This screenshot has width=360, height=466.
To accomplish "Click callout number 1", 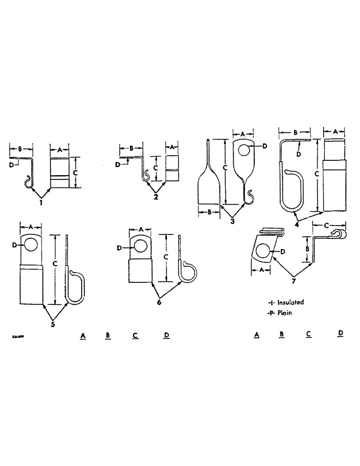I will [x=41, y=203].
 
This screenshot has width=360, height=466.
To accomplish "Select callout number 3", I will [x=232, y=220].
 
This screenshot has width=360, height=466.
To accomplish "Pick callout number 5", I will [x=53, y=324].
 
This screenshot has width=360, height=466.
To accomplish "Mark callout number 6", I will [x=160, y=302].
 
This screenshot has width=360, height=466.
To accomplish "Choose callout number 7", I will [x=293, y=281].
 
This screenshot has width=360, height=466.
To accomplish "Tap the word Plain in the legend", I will [x=284, y=313].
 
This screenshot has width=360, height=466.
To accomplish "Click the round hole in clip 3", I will [x=244, y=150].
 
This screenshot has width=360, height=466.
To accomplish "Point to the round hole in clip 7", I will [x=263, y=252].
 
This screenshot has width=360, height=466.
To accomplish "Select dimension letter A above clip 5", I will [x=31, y=226].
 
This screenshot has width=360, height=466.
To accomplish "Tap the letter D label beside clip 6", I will [x=120, y=247].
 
